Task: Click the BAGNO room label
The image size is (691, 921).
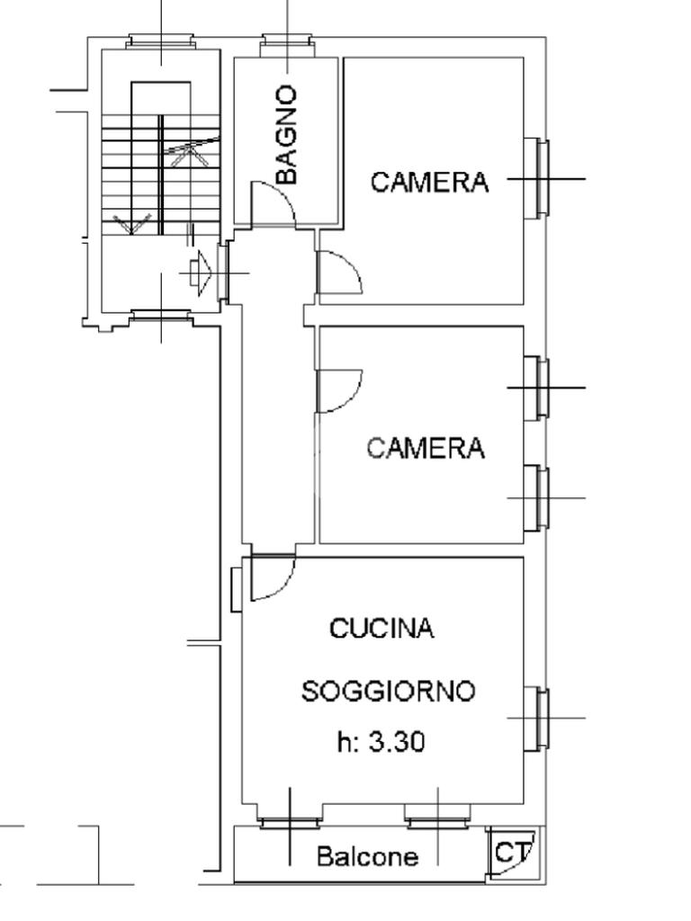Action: click(286, 135)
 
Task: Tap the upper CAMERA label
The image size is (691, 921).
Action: click(430, 182)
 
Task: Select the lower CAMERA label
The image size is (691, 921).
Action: click(426, 447)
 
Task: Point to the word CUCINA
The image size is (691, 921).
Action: click(382, 628)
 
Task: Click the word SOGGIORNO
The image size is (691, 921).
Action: click(388, 692)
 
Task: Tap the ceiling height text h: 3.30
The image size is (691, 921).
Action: click(381, 742)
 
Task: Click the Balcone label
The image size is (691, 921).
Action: click(367, 857)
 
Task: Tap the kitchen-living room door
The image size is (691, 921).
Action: click(269, 577)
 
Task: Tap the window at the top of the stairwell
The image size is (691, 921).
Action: click(160, 41)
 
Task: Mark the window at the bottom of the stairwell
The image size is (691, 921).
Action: click(160, 316)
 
